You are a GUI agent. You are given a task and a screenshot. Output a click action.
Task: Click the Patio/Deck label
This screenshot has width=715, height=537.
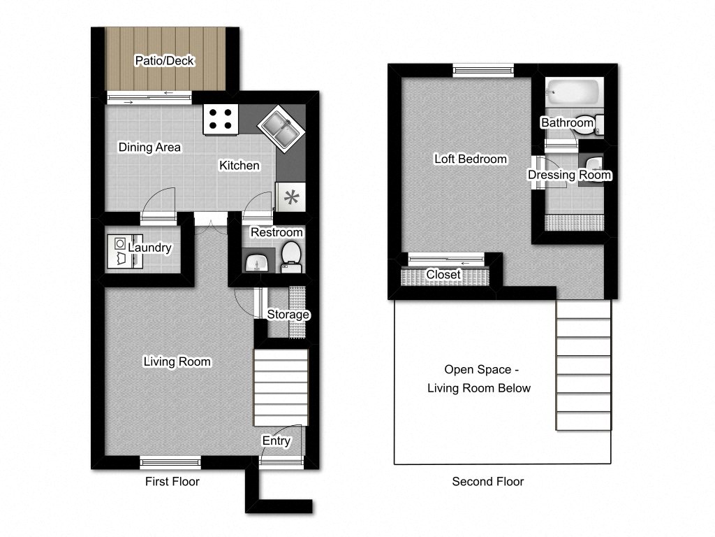(x=164, y=61)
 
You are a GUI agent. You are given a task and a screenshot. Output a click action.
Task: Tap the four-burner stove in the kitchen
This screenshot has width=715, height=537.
(x=221, y=120)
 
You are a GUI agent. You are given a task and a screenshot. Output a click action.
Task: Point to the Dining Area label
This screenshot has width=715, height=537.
(x=149, y=147)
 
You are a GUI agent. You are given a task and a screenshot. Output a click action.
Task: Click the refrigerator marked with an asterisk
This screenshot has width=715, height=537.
(x=291, y=197)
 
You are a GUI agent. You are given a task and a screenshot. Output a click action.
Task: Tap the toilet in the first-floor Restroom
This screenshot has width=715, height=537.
(x=291, y=257)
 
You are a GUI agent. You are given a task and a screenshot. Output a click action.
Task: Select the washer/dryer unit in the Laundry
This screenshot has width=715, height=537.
(x=125, y=251)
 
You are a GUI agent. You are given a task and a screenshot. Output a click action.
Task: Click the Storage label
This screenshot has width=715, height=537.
(x=288, y=314)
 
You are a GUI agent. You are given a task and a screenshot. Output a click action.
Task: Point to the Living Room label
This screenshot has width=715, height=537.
(x=177, y=361)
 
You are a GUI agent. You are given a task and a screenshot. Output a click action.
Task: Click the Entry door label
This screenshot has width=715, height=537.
(x=277, y=441)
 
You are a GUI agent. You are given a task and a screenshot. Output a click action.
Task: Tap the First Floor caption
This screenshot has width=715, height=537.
(x=172, y=481)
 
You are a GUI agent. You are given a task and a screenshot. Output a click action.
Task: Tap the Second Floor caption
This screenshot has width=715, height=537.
(x=488, y=481)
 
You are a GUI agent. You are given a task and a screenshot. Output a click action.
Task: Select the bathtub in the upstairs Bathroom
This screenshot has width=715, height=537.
(x=573, y=92)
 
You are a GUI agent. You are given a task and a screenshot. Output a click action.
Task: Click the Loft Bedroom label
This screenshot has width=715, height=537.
(x=471, y=159)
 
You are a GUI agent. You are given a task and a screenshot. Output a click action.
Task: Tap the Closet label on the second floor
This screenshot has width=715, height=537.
(x=443, y=274)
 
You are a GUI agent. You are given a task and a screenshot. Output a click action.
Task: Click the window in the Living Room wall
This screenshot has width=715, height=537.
(x=170, y=463)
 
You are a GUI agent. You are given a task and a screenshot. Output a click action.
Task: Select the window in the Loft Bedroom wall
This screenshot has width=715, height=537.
(x=483, y=71)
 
